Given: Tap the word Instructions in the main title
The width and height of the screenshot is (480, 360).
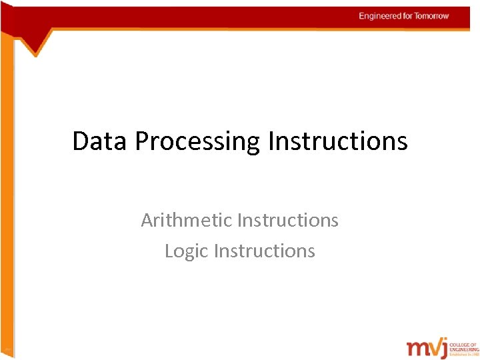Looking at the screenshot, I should (337, 141).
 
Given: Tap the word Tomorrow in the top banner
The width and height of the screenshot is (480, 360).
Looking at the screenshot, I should (433, 16).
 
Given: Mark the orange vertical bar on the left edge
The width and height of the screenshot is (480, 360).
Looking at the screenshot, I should (7, 200).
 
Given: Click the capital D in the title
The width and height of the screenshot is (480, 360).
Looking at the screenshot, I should (80, 141).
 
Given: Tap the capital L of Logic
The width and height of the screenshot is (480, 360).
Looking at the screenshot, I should (169, 251).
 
